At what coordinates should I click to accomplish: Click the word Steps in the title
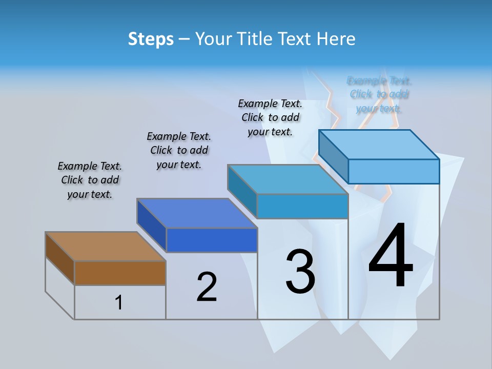[151, 39]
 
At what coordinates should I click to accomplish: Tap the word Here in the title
[336, 39]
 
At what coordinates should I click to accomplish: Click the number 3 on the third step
[300, 271]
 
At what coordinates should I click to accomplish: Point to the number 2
[207, 286]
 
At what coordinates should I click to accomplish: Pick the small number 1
[118, 303]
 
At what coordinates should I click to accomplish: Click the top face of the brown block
[106, 247]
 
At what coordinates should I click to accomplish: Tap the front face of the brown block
[120, 273]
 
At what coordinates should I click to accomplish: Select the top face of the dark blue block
[197, 213]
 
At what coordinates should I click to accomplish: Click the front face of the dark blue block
[211, 240]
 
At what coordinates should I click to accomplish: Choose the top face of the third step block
[288, 179]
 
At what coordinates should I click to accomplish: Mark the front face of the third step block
[302, 206]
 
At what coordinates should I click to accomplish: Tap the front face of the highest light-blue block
[394, 171]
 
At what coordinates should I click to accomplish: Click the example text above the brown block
[90, 180]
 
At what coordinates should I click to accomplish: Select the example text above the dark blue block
[179, 150]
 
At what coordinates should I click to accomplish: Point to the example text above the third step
[270, 117]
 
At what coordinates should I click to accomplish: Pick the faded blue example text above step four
[379, 94]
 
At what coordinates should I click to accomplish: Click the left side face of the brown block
[60, 258]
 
